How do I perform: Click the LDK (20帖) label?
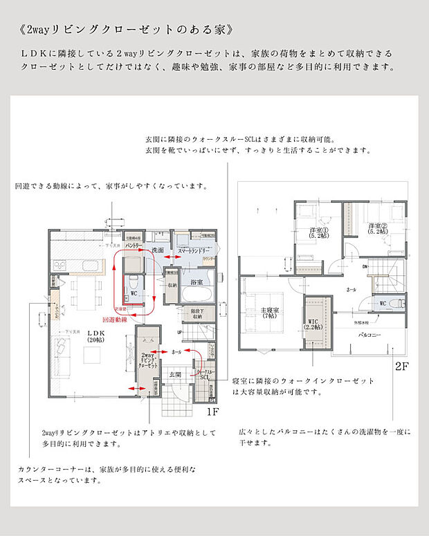[x=95, y=338]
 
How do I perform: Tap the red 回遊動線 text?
[x=115, y=320]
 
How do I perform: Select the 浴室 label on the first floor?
[x=196, y=282]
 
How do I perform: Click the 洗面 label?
[x=157, y=250]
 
